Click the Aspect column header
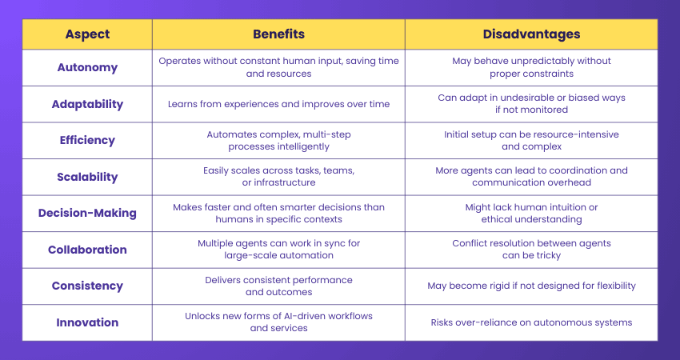(87, 34)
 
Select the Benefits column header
(278, 34)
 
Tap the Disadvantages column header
(531, 34)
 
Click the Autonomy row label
(87, 67)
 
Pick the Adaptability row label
(87, 104)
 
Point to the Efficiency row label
(87, 140)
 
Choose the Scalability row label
(87, 177)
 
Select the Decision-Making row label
(87, 214)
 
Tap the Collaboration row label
(87, 250)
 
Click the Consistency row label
(87, 286)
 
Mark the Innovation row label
(87, 322)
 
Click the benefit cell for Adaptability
(278, 104)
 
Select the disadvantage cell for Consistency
(531, 286)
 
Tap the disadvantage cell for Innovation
(531, 322)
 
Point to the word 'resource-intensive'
(574, 134)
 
